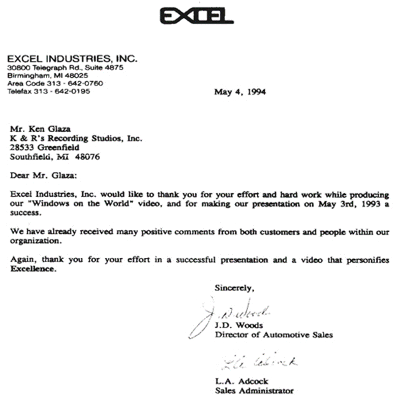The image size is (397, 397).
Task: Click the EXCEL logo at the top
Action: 196,16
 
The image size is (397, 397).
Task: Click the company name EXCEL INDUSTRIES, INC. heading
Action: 72,59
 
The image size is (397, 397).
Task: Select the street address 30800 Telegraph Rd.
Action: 46,68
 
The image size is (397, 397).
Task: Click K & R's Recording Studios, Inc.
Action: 76,138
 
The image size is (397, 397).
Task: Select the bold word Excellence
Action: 32,269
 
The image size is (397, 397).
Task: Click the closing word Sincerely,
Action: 233,288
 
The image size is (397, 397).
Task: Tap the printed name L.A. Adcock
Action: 241,381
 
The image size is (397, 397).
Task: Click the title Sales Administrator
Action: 254,390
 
